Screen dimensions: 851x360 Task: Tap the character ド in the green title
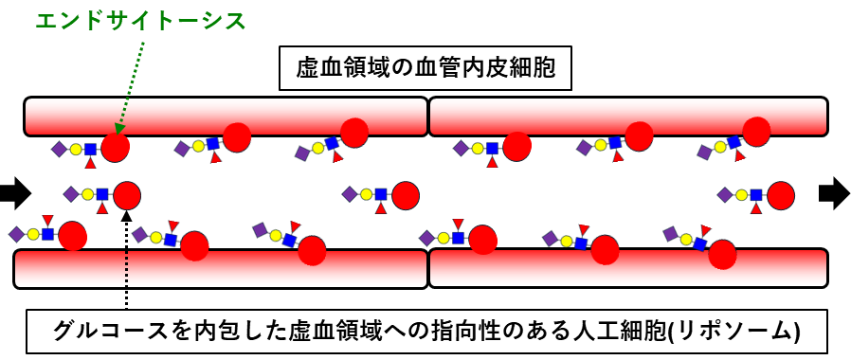pyautogui.click(x=94, y=20)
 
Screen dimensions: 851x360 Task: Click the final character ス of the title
pyautogui.click(x=236, y=20)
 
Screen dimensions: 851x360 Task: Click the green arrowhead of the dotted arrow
pyautogui.click(x=119, y=128)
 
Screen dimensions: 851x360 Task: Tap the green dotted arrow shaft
pyautogui.click(x=133, y=81)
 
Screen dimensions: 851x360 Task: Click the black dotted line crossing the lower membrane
pyautogui.click(x=126, y=269)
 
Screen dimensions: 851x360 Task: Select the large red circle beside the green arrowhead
pyautogui.click(x=115, y=147)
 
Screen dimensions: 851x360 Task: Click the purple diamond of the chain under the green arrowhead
pyautogui.click(x=59, y=149)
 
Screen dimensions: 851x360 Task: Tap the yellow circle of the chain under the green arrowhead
pyautogui.click(x=76, y=149)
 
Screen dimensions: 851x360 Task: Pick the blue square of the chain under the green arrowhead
pyautogui.click(x=91, y=149)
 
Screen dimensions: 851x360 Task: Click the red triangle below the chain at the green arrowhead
pyautogui.click(x=91, y=163)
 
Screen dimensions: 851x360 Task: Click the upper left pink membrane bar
pyautogui.click(x=226, y=116)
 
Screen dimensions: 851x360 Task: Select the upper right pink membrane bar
pyautogui.click(x=627, y=116)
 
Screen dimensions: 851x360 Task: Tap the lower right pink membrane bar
pyautogui.click(x=627, y=268)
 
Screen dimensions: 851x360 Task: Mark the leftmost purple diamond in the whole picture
pyautogui.click(x=16, y=234)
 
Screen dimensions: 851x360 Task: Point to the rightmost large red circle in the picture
pyautogui.click(x=781, y=195)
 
